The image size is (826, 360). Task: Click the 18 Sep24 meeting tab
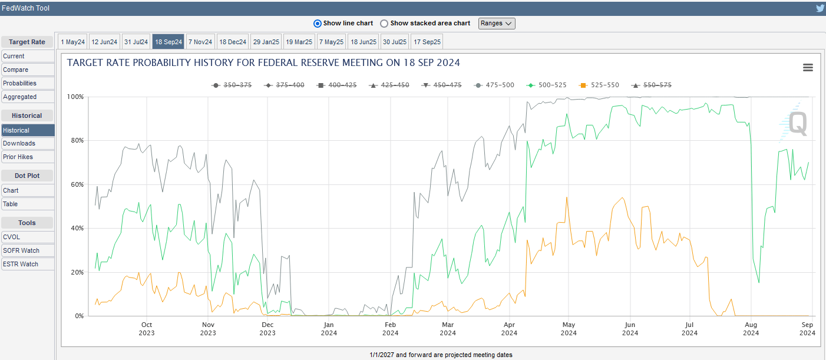pos(168,42)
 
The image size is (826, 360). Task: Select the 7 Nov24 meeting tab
pos(200,42)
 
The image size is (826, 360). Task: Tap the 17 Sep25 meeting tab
pos(427,42)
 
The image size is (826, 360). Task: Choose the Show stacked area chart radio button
pos(384,24)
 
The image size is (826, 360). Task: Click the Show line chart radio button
pos(318,24)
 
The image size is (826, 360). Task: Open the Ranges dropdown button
pos(497,24)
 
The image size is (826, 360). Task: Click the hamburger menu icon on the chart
pos(808,68)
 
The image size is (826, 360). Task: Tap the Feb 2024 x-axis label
pos(390,329)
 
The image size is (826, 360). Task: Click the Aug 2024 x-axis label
pos(751,329)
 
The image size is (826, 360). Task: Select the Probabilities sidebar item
pos(19,83)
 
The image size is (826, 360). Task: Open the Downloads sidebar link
pos(19,143)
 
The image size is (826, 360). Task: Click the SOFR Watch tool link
pos(21,250)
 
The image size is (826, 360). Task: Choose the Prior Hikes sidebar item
pos(18,157)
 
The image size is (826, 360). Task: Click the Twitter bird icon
pos(820,8)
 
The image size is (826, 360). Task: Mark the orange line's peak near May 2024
pos(566,197)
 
